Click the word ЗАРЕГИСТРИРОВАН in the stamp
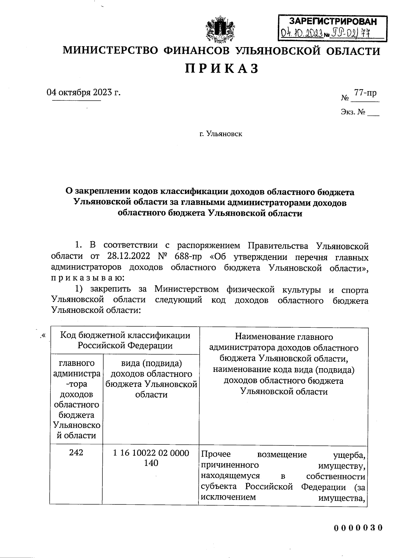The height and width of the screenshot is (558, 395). coord(332,22)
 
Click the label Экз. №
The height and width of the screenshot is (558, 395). coord(353,112)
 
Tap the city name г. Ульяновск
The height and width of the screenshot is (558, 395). coord(221,134)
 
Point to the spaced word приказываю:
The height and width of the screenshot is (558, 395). coord(88,278)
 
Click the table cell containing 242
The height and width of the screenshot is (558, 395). coord(76,452)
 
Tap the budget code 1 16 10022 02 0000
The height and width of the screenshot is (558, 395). coord(151,453)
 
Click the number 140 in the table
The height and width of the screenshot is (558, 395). coord(151,463)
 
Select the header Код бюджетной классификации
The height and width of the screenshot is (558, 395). coord(125,335)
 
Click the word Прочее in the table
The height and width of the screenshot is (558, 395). coord(216,454)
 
